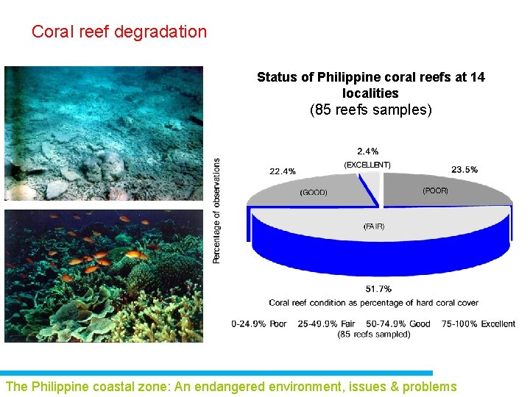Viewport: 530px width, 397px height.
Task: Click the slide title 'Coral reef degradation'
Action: click(119, 32)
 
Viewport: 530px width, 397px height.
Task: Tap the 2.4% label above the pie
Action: click(368, 151)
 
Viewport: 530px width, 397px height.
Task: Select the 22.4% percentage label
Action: click(283, 171)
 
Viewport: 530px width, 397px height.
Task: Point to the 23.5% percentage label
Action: click(464, 169)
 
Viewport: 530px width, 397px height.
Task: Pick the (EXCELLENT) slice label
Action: click(367, 165)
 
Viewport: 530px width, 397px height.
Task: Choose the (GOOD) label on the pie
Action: click(314, 193)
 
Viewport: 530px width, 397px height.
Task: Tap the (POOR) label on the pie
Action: click(435, 190)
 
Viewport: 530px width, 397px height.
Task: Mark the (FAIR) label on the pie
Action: click(374, 226)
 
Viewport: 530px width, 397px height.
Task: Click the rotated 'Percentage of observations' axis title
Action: click(216, 211)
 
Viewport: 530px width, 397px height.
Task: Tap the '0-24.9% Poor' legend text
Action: click(259, 324)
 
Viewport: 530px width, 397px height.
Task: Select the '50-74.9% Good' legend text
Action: click(398, 324)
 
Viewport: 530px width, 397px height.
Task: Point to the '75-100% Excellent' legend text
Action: click(478, 324)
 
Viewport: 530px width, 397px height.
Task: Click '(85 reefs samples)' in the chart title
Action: click(371, 111)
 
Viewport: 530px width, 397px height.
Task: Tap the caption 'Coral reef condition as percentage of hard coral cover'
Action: click(374, 303)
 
